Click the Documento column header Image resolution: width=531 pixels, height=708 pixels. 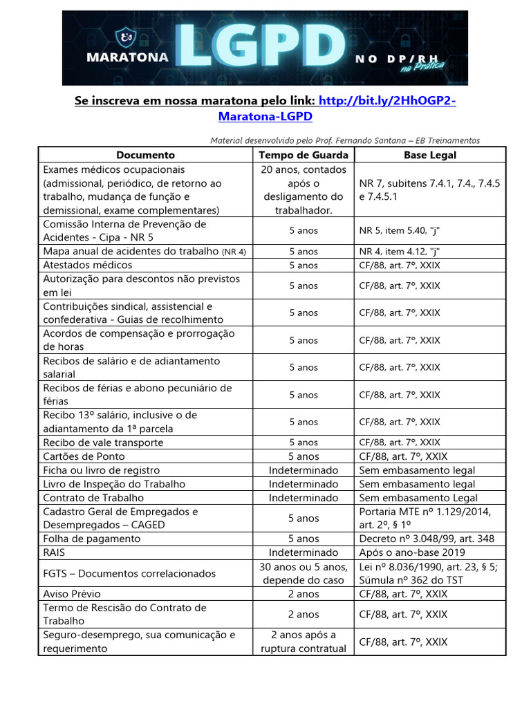pyautogui.click(x=145, y=155)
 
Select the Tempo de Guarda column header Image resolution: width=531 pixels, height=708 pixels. pyautogui.click(x=304, y=155)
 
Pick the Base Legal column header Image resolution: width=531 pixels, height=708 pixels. pyautogui.click(x=430, y=155)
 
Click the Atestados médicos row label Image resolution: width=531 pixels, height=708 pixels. pyautogui.click(x=88, y=265)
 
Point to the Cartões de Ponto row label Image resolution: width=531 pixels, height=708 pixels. pyautogui.click(x=84, y=456)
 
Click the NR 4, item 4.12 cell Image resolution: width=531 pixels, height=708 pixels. pyautogui.click(x=401, y=252)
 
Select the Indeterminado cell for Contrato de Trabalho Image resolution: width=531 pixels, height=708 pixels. pyautogui.click(x=304, y=498)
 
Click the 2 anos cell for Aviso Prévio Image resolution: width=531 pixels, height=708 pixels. pyautogui.click(x=304, y=593)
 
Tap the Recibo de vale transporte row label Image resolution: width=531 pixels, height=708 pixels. pyautogui.click(x=104, y=442)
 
